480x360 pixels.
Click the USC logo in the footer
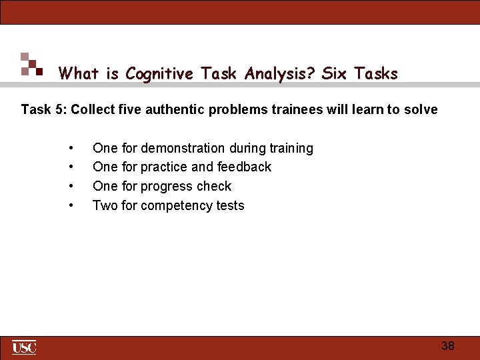click(24, 347)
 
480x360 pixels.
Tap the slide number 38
click(448, 345)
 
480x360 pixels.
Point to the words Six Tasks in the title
click(359, 73)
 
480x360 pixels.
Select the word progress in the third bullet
click(166, 186)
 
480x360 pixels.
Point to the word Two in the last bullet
click(105, 205)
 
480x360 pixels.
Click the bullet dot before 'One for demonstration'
click(71, 148)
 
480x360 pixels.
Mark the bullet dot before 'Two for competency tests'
click(71, 205)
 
